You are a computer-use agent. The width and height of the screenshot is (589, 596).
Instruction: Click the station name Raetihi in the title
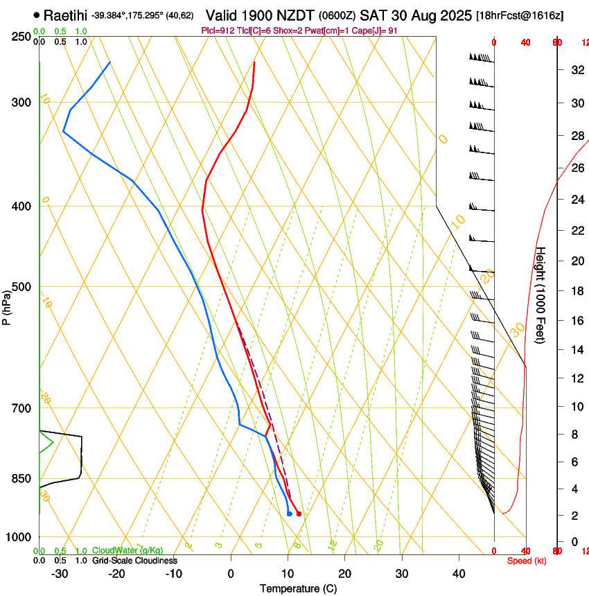tap(65, 14)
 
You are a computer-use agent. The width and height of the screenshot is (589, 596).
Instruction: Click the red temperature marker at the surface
tap(299, 514)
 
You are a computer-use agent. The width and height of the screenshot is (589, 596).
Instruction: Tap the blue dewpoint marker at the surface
tap(289, 514)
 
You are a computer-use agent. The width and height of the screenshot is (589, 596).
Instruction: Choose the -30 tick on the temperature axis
tap(60, 574)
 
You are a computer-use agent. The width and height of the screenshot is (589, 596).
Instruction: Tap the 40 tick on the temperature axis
tap(459, 574)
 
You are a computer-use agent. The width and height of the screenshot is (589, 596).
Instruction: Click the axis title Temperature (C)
tap(298, 588)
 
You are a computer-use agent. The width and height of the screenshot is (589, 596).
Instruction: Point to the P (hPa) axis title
tap(7, 306)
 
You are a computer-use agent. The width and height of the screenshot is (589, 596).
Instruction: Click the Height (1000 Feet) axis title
tap(540, 295)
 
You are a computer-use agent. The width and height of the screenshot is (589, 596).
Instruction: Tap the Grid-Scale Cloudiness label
tap(134, 560)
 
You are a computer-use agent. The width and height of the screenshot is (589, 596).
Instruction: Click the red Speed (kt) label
tap(527, 561)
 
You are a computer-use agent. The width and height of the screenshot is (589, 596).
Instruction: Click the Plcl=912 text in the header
tap(216, 30)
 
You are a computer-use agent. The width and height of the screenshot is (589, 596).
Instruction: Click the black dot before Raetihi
tap(37, 15)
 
